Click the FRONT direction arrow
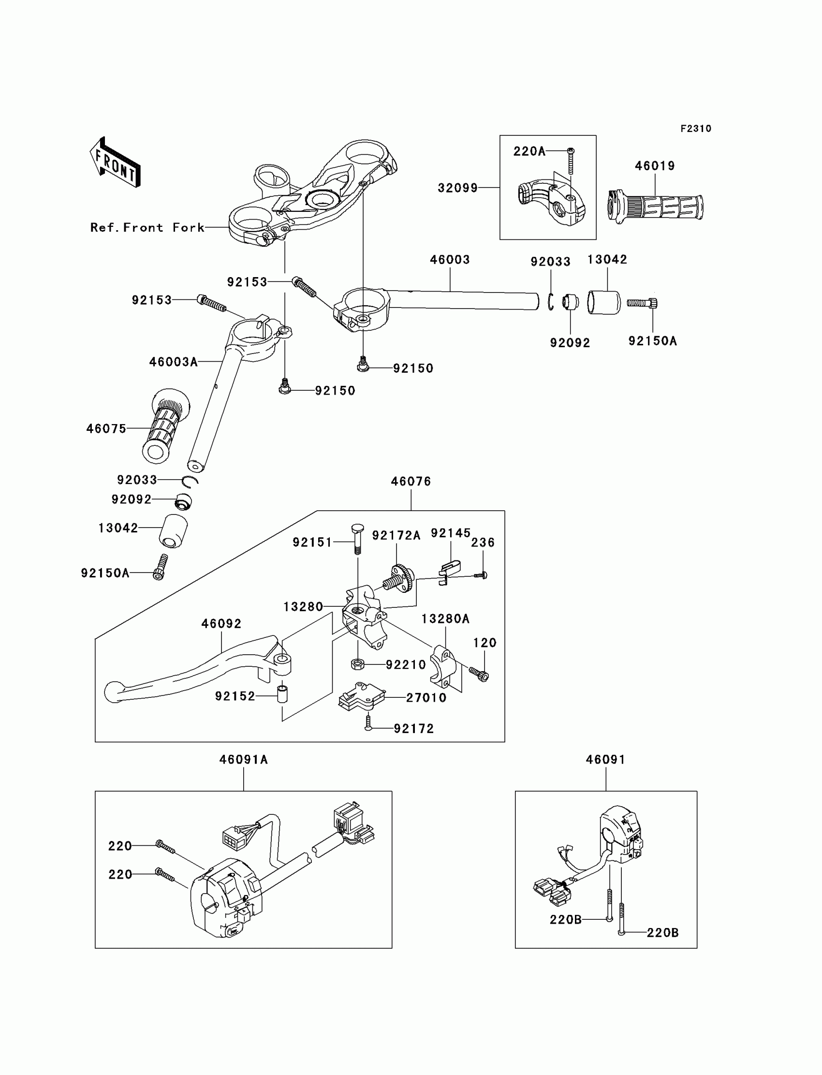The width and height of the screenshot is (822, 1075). click(116, 162)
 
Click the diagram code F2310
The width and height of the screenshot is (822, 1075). click(696, 129)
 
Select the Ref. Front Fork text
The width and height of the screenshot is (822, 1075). click(147, 228)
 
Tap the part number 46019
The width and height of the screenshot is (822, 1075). click(655, 166)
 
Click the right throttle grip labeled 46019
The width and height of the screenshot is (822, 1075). click(656, 207)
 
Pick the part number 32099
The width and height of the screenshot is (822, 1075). click(457, 188)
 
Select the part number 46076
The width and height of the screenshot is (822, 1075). click(411, 482)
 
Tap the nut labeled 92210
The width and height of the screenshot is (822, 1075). click(358, 664)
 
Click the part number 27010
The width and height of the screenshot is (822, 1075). click(426, 698)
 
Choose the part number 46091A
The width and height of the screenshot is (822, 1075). click(243, 759)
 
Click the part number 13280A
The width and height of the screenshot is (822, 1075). click(445, 619)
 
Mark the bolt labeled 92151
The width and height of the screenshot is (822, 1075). click(357, 539)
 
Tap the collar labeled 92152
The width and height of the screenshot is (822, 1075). click(283, 695)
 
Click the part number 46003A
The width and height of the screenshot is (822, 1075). click(173, 362)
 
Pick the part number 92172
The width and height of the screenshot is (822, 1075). click(413, 729)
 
